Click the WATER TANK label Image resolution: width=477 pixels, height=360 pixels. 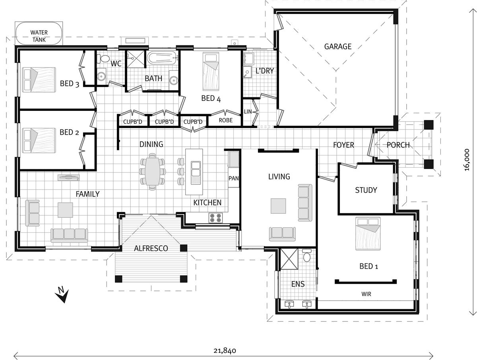tap(39, 36)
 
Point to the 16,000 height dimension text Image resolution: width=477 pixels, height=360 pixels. tap(466, 160)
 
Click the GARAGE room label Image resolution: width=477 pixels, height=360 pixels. tap(337, 46)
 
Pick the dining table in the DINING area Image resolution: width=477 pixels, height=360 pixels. tap(152, 172)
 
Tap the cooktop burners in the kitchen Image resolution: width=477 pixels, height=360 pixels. tap(215, 218)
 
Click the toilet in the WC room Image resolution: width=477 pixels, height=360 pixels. tap(103, 58)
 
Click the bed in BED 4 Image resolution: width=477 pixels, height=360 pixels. tap(211, 72)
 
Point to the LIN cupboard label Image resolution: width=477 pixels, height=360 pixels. tap(248, 112)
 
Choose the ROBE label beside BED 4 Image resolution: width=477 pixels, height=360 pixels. tap(225, 120)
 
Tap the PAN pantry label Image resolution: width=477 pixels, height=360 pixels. tap(233, 178)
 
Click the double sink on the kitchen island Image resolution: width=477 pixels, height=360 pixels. tap(196, 173)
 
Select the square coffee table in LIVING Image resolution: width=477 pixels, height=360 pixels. tap(278, 206)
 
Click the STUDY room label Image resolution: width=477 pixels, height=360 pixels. tap(366, 190)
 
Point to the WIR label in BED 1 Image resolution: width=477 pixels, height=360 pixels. tap(366, 294)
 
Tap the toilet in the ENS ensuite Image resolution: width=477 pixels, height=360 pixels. tap(306, 255)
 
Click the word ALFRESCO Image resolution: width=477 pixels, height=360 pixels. tap(151, 248)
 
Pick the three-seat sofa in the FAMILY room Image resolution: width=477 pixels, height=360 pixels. tap(69, 235)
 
